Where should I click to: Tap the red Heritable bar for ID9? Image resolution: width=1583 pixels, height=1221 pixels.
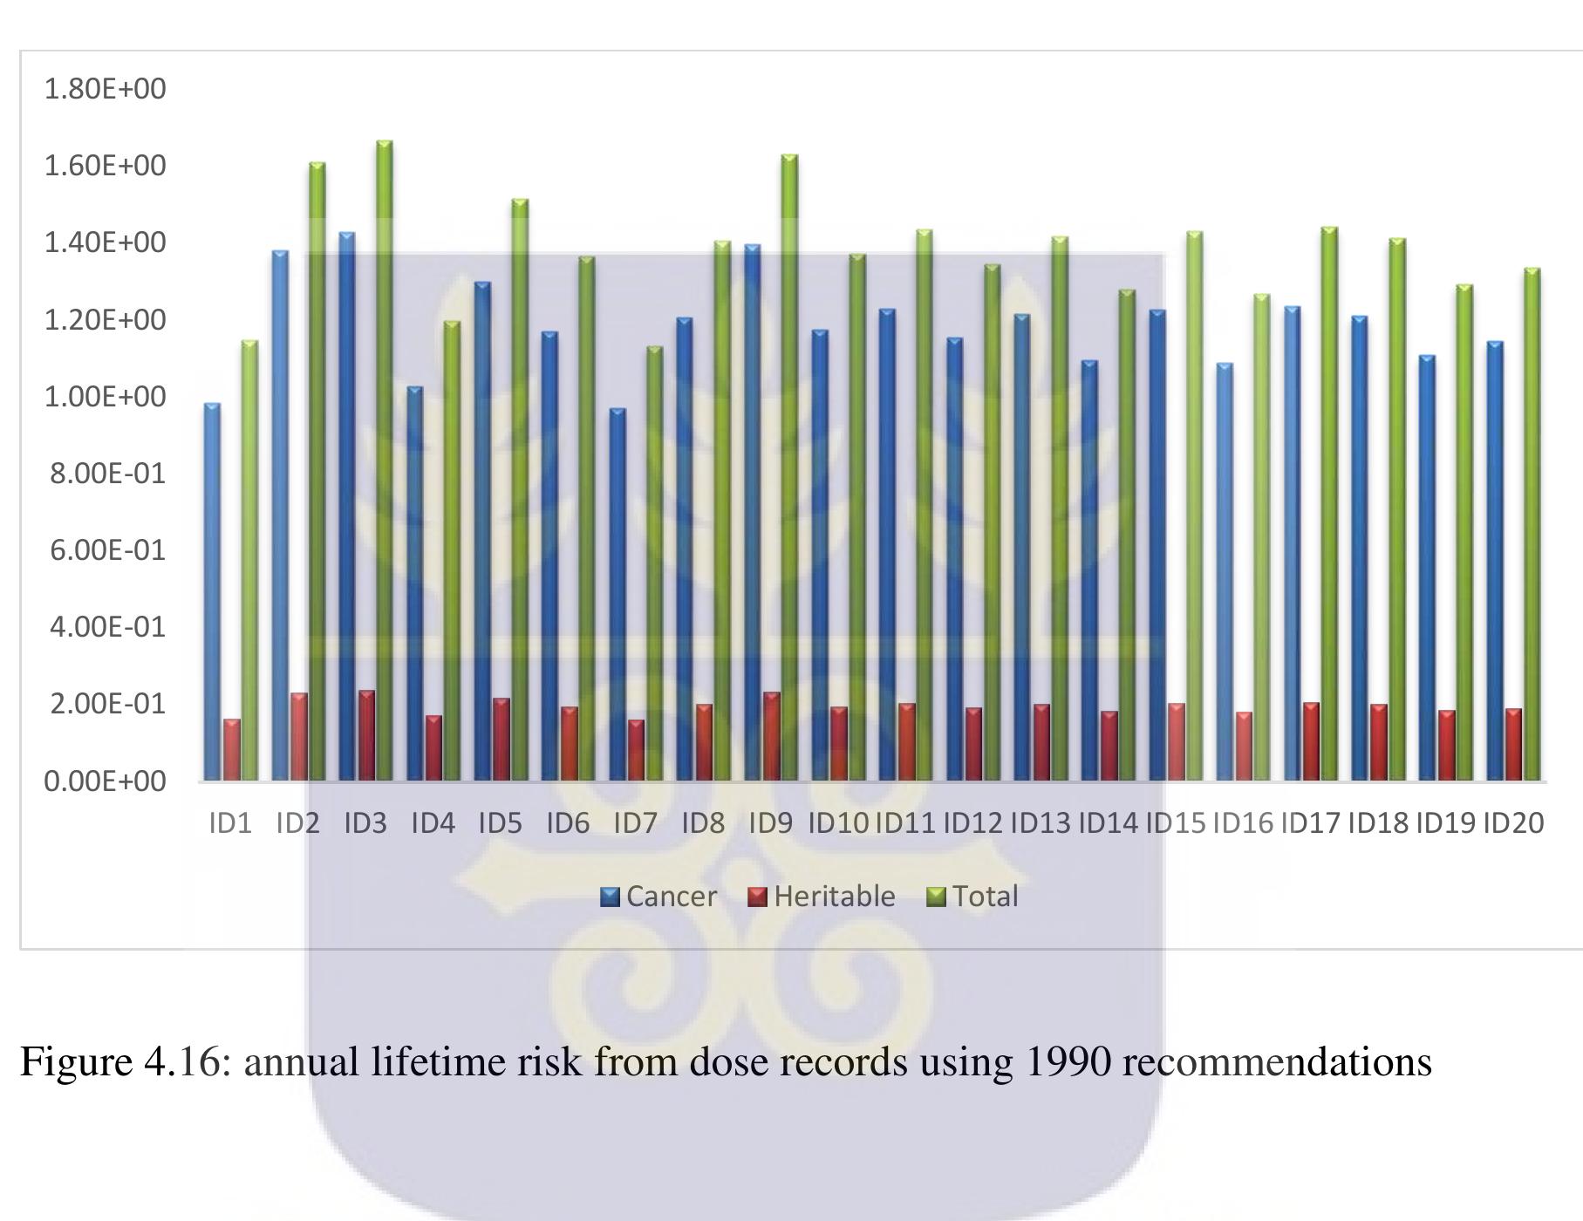(772, 736)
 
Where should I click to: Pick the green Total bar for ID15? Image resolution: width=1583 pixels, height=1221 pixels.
(1194, 506)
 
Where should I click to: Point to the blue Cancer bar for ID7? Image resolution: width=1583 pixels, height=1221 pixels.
(618, 594)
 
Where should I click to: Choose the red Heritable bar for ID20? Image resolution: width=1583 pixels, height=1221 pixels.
(1513, 745)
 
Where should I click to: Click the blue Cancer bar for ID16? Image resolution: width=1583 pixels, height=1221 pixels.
(1225, 571)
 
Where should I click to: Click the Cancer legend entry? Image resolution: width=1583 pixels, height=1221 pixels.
(659, 897)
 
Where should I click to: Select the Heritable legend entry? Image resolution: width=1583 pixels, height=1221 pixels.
(822, 897)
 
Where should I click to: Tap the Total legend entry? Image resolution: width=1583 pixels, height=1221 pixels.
(972, 897)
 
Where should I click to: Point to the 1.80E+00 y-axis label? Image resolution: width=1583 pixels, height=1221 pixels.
(105, 89)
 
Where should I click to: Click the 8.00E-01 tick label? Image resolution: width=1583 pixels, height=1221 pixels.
(107, 474)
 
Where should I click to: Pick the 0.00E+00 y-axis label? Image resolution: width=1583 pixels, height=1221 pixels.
(105, 781)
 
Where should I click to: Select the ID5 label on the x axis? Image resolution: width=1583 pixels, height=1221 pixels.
(500, 823)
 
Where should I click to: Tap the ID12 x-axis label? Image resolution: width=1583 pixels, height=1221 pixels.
(972, 823)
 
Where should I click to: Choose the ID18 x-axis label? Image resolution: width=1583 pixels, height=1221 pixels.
(1378, 823)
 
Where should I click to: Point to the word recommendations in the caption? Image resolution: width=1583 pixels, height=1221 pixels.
(1277, 1062)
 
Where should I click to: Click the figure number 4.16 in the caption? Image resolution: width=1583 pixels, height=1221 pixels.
(183, 1062)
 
